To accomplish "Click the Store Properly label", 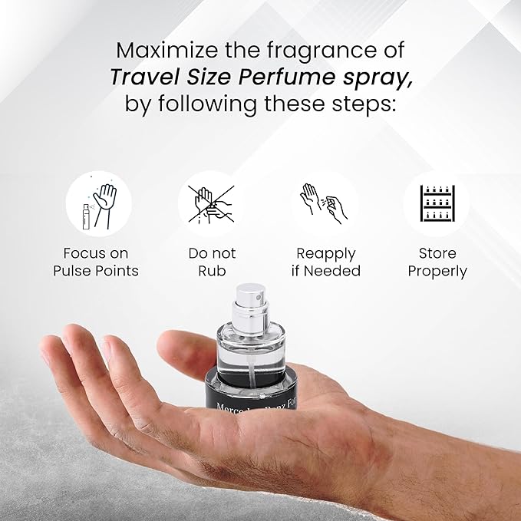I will point(437,262).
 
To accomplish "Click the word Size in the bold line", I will point(210,77).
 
